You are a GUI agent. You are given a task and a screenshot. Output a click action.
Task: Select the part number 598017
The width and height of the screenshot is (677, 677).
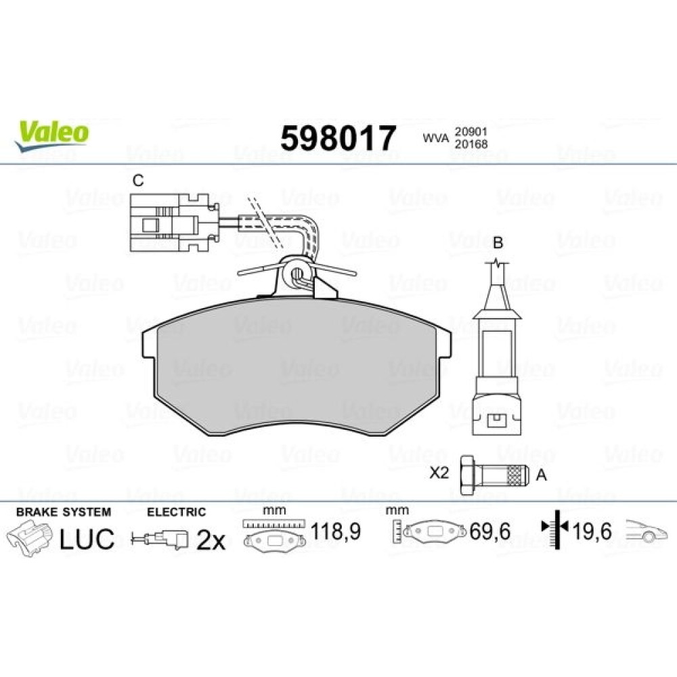click(338, 138)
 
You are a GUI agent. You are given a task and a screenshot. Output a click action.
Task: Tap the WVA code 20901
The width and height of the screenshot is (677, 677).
click(471, 131)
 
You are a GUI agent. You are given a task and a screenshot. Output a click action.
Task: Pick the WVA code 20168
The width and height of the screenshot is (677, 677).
click(471, 144)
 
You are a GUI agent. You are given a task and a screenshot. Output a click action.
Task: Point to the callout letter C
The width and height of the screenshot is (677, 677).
click(137, 181)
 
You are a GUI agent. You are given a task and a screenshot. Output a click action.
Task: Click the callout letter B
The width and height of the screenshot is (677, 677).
click(498, 242)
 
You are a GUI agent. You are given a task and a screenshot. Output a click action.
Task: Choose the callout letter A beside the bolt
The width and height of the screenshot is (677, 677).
click(541, 475)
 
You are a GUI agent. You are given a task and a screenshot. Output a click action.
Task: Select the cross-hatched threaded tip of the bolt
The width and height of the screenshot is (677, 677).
click(519, 475)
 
